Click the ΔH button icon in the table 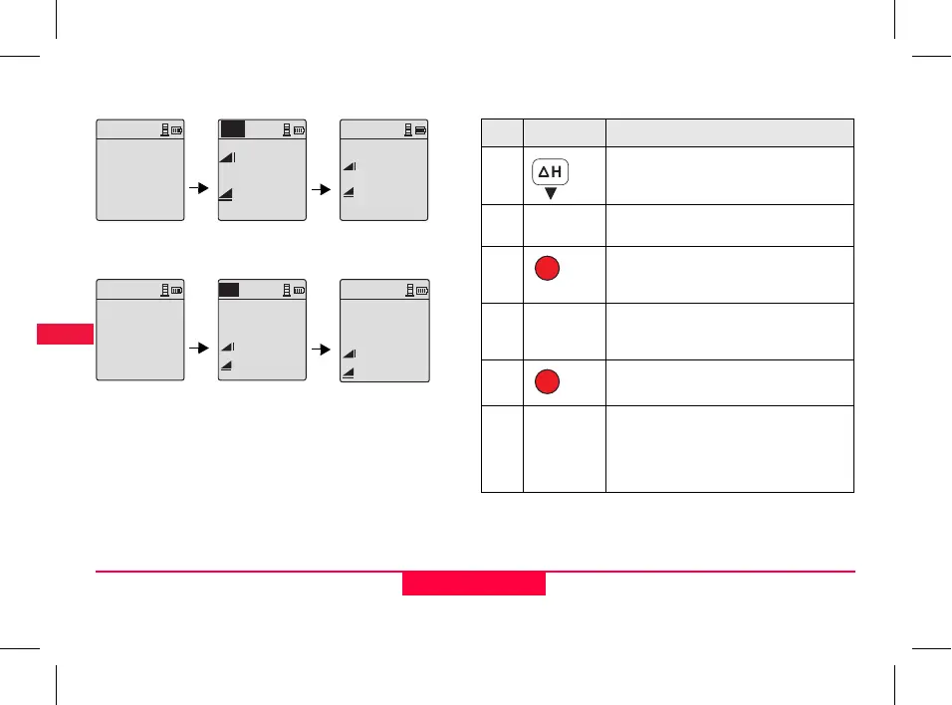click(550, 173)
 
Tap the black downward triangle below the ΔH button click(550, 193)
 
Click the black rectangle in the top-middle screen click(232, 129)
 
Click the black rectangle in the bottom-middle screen click(229, 290)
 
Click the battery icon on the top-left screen click(177, 129)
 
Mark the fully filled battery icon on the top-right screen click(421, 129)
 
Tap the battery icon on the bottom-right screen click(421, 290)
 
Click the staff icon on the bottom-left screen click(164, 290)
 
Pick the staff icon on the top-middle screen click(286, 129)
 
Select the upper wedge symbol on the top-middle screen click(226, 156)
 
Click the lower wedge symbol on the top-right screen click(349, 192)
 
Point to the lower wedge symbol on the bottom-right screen click(349, 371)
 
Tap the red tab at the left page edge click(65, 334)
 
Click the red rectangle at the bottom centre click(474, 584)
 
